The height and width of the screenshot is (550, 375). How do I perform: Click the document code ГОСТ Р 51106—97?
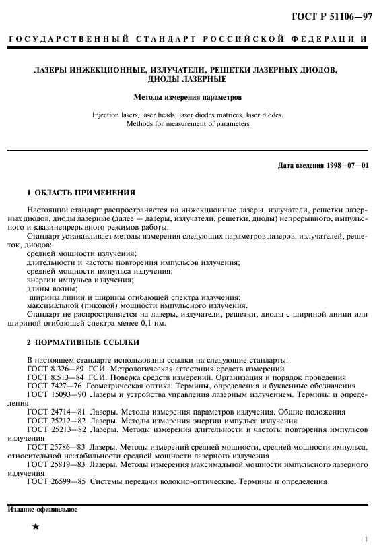tap(331, 16)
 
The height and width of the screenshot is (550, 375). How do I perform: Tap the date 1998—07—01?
tap(344, 166)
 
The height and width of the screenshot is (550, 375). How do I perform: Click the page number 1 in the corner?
tap(364, 539)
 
